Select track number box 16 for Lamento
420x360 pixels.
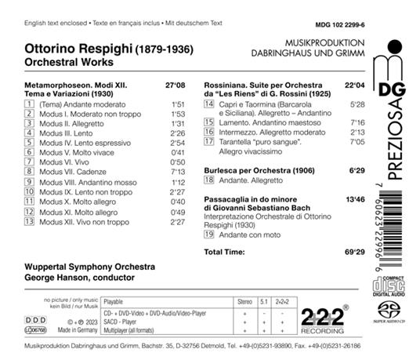point(208,145)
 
